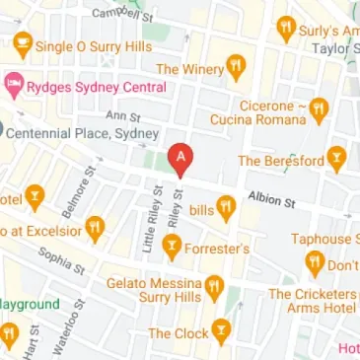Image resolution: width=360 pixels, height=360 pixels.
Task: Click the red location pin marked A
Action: click(x=180, y=158)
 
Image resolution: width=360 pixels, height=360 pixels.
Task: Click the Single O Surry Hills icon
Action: click(x=23, y=44)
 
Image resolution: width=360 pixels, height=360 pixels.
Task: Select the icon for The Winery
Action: click(x=235, y=68)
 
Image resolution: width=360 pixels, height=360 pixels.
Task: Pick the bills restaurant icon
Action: click(x=226, y=208)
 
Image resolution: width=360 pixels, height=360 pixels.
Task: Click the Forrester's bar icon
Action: click(x=173, y=249)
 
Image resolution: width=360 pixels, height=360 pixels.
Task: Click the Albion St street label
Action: click(x=272, y=200)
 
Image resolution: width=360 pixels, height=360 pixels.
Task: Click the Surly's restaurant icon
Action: click(x=288, y=28)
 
